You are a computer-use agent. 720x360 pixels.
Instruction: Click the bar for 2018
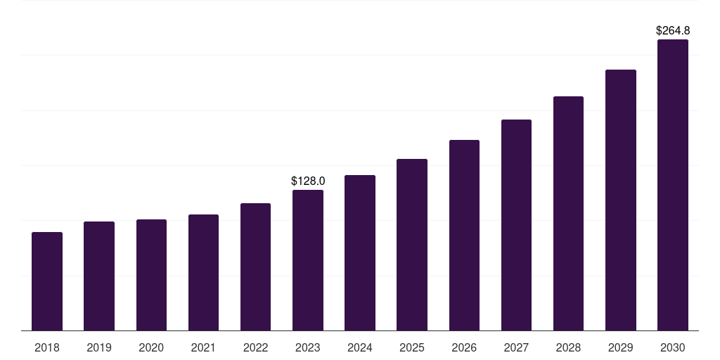[47, 281]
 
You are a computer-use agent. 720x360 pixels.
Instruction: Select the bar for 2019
[99, 276]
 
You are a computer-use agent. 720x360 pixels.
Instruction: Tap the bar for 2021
[203, 272]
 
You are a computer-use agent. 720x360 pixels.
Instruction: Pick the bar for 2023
[308, 260]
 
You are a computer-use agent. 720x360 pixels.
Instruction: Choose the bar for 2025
[412, 245]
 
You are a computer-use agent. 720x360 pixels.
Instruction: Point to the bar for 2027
[516, 225]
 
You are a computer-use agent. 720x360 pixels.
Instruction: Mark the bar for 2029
[621, 200]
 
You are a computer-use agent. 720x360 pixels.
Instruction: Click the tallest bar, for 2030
[673, 185]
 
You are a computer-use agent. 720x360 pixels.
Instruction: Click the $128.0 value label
[308, 181]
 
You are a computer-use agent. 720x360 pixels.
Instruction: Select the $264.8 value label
[673, 31]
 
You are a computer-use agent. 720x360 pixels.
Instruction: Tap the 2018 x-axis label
[47, 347]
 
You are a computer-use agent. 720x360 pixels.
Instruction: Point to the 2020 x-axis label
[151, 347]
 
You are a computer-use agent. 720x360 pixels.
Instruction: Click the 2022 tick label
[255, 347]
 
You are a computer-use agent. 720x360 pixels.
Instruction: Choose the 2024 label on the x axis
[360, 347]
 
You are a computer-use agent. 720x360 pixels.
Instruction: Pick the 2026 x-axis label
[464, 347]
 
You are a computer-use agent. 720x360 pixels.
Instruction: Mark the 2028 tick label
[568, 347]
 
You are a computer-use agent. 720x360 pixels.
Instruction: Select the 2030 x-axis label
[673, 347]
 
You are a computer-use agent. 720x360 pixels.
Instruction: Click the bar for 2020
[151, 275]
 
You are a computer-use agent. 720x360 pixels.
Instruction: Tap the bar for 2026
[464, 235]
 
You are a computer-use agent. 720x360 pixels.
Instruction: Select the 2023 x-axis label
[308, 347]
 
